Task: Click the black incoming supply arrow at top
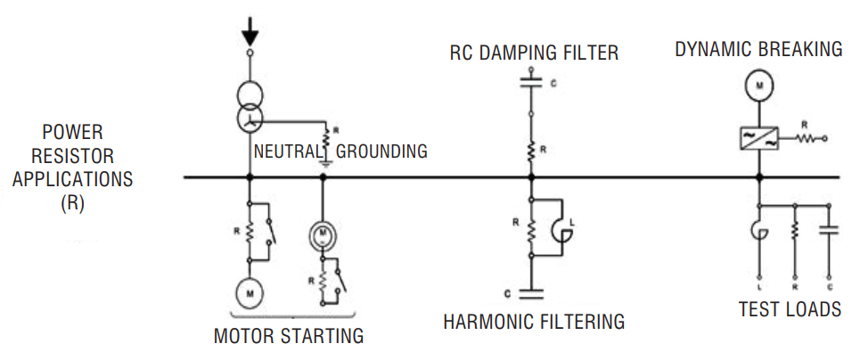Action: tap(250, 32)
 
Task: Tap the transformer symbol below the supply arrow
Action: tap(250, 107)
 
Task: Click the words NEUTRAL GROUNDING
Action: tap(340, 151)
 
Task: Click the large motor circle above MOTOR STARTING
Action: tap(250, 291)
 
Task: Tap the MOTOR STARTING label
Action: tap(288, 337)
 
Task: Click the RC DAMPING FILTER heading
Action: tap(534, 53)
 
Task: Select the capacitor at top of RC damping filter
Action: tap(530, 85)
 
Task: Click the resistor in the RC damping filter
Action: tap(530, 151)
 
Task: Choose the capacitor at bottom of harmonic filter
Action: tap(530, 290)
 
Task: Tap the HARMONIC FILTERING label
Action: tap(534, 321)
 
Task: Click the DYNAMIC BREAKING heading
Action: tap(758, 49)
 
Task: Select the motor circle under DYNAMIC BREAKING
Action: tap(758, 86)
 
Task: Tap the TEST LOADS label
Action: tap(790, 310)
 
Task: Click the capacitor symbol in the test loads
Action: tap(831, 230)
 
